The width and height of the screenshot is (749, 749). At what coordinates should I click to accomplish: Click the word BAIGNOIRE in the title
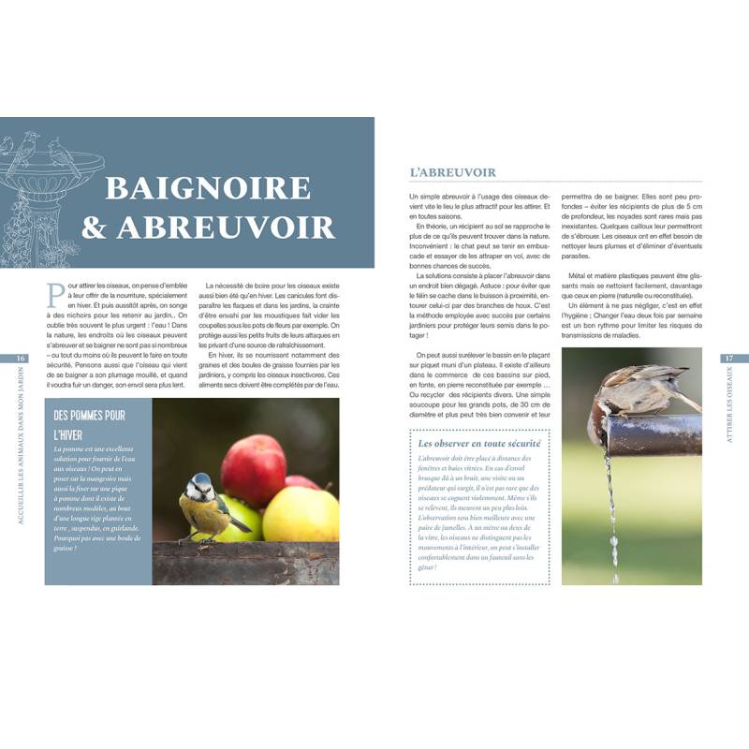207,186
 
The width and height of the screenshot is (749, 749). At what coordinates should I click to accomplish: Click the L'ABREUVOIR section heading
452,172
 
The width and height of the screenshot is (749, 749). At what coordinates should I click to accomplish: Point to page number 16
21,359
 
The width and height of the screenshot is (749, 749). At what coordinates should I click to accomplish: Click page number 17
728,359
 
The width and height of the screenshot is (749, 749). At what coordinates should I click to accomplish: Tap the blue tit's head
200,485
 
